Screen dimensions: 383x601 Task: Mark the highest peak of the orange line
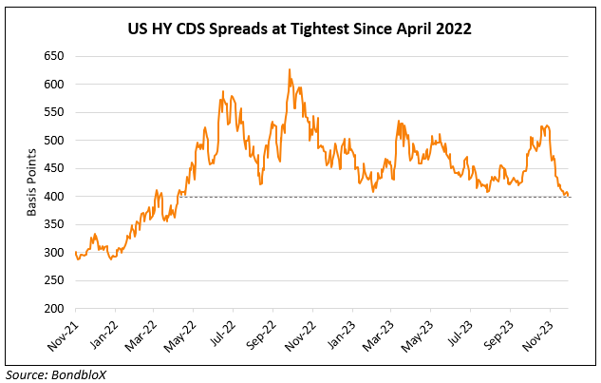(289, 69)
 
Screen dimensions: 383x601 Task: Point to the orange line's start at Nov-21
(75, 253)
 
